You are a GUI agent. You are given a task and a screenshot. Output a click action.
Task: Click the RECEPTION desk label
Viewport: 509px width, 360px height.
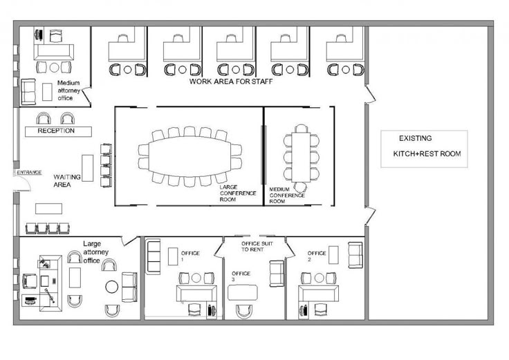[56, 131]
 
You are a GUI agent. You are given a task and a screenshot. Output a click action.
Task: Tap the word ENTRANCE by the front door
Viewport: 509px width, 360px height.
[29, 172]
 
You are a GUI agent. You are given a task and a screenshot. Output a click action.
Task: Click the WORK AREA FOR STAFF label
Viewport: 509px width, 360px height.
[231, 82]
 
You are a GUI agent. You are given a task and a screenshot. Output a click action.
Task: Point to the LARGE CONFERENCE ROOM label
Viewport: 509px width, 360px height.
[238, 193]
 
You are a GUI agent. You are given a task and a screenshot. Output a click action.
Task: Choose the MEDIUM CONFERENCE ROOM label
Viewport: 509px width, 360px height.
[287, 196]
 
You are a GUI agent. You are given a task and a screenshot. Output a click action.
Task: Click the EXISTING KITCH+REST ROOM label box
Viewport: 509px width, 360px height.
[424, 149]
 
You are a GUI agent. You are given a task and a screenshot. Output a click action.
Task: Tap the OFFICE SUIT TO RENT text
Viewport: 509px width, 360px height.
[257, 247]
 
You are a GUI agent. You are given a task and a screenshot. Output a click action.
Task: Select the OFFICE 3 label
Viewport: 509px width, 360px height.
[241, 276]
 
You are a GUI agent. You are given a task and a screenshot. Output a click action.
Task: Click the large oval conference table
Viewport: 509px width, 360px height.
[190, 157]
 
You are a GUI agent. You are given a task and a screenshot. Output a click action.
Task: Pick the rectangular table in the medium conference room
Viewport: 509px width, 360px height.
[301, 157]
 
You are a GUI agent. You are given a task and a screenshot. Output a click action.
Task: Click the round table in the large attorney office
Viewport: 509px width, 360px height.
[112, 287]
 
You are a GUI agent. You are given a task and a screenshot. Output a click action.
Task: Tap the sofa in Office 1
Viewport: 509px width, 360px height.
[153, 256]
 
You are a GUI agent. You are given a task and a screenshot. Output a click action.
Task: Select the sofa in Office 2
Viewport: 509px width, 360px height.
[355, 255]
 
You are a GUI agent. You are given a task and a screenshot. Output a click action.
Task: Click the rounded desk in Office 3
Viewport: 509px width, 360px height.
[243, 292]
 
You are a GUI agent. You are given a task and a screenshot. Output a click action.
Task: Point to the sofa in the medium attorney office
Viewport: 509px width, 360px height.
[28, 92]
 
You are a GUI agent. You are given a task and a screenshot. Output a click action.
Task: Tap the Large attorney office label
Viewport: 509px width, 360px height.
[95, 252]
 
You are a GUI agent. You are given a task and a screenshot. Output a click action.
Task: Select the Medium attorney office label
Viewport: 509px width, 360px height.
[68, 91]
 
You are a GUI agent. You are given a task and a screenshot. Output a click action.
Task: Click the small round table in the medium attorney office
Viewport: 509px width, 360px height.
[54, 68]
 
